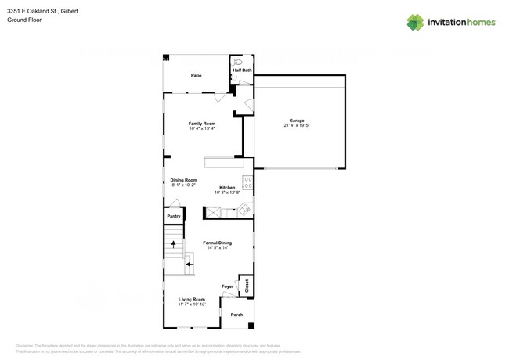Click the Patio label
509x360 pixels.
[197, 75]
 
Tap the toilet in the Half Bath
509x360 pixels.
[237, 61]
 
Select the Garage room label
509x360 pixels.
[297, 121]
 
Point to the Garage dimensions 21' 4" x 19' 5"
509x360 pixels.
[297, 125]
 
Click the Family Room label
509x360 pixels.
[202, 123]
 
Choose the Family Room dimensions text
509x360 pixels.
[202, 128]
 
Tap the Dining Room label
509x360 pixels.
[183, 180]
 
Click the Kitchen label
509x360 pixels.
[227, 187]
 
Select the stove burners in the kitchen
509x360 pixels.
[248, 183]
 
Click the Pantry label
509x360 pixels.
[174, 216]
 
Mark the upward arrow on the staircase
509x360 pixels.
[173, 244]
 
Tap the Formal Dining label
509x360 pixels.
[218, 243]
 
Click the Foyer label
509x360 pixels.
[228, 286]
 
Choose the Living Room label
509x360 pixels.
[192, 299]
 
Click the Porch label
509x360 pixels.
[236, 315]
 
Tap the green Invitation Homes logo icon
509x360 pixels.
[415, 23]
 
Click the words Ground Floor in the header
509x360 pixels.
[24, 20]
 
